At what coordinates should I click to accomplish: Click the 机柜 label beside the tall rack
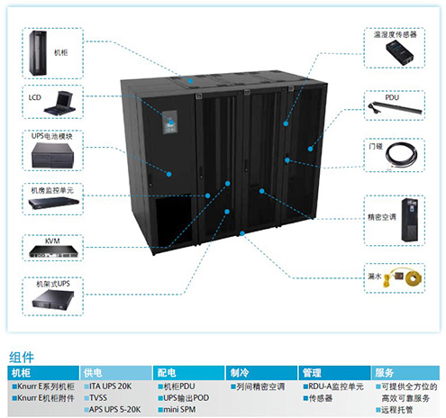[x=60, y=53]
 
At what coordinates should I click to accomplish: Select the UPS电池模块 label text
[x=52, y=136]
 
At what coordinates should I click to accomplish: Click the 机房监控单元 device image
[x=54, y=203]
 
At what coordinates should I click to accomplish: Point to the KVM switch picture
[x=53, y=251]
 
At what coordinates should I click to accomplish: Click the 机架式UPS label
[x=53, y=284]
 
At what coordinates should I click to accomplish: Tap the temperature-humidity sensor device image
[x=400, y=52]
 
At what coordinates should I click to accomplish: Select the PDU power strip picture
[x=395, y=108]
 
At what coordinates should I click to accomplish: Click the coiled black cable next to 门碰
[x=401, y=155]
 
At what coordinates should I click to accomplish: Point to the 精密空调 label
[x=382, y=217]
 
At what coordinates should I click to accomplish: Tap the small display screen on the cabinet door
[x=169, y=123]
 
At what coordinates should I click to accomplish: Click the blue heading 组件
[x=22, y=357]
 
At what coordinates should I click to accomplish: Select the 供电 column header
[x=93, y=373]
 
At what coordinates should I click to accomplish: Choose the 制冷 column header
[x=240, y=373]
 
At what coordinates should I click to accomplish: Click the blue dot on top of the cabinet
[x=191, y=81]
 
